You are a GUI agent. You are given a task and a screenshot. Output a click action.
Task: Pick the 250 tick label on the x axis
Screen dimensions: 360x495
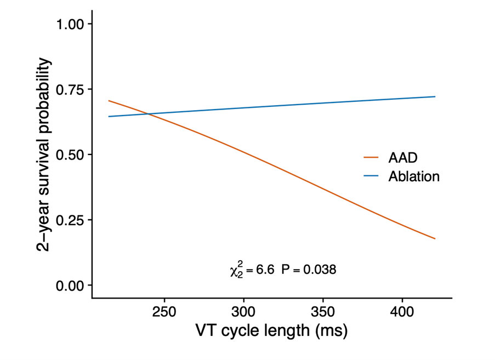[164, 313]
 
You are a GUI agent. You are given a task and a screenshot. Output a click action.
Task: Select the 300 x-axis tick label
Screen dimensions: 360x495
[243, 313]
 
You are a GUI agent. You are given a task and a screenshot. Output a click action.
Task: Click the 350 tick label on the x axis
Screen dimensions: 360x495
[323, 313]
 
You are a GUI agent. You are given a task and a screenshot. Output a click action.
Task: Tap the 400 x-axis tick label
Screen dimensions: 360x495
[402, 313]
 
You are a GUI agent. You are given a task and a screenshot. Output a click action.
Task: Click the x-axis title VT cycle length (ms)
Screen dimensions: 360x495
[271, 332]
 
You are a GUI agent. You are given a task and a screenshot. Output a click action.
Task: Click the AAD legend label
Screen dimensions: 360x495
[403, 158]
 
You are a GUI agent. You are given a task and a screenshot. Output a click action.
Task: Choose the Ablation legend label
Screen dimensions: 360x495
[414, 176]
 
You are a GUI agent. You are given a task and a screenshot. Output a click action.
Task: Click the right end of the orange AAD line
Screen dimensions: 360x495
[435, 238]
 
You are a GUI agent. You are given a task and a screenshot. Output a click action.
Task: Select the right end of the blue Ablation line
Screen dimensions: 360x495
[435, 97]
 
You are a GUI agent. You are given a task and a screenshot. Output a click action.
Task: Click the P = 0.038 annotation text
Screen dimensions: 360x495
[309, 270]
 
